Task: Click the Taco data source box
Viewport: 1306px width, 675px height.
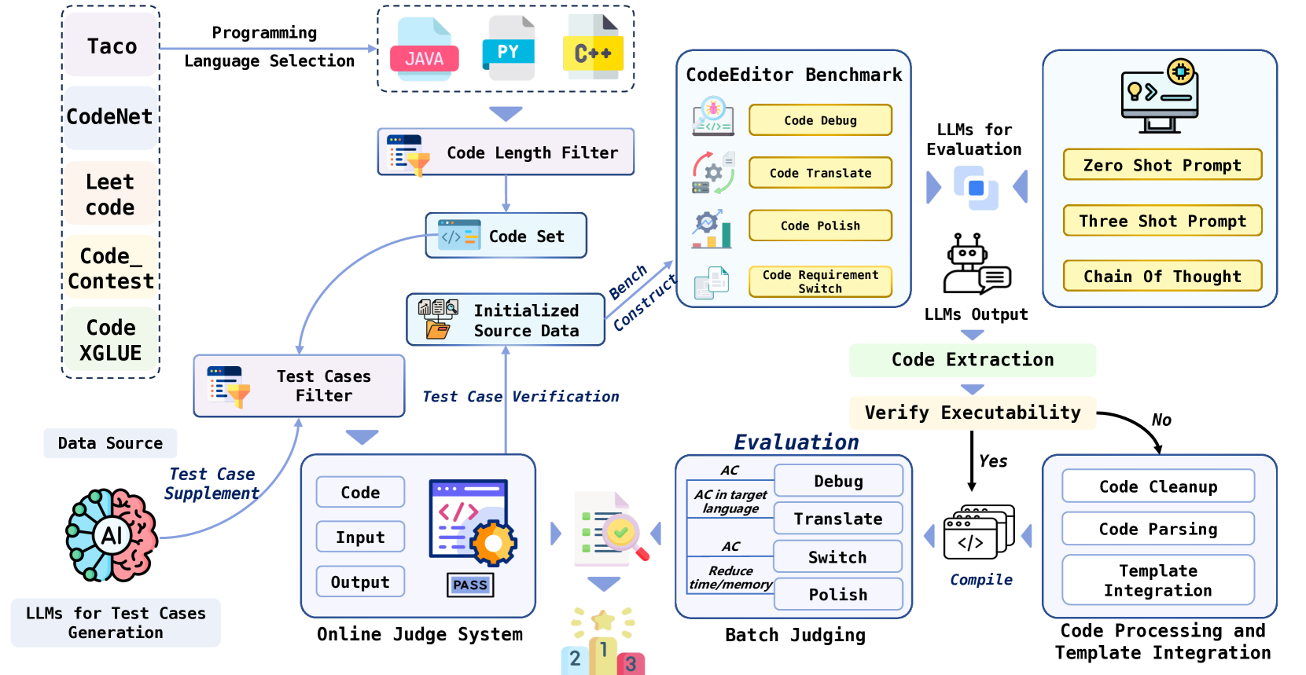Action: [111, 46]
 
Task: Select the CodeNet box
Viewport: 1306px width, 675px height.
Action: [110, 117]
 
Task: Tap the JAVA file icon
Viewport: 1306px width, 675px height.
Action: [424, 50]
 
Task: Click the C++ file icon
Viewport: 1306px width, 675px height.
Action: [593, 49]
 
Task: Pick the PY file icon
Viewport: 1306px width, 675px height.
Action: [508, 49]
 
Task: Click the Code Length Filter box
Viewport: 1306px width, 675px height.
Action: [506, 152]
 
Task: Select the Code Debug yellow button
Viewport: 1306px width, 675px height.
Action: [820, 120]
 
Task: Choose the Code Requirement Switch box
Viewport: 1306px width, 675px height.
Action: [820, 281]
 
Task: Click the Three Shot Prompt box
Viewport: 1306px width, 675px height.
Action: [1162, 221]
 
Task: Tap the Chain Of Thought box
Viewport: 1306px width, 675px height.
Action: [1162, 276]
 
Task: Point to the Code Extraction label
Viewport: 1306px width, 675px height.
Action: [973, 360]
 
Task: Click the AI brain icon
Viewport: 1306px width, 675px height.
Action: [111, 535]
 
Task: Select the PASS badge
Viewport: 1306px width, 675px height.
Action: [470, 585]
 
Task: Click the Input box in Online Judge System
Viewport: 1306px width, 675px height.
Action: [360, 537]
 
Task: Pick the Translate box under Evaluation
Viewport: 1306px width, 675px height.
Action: [837, 519]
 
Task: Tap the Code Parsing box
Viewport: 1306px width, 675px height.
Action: [1157, 529]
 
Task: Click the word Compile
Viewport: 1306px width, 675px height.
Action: [981, 580]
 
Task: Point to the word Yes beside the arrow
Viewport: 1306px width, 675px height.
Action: [993, 461]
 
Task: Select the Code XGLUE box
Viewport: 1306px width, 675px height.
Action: [111, 340]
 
